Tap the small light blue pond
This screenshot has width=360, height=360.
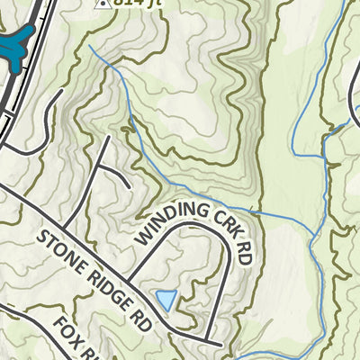pos(166,299)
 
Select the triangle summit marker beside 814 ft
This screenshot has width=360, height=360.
pos(103,3)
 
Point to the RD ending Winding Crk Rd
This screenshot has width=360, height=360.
pos(245,253)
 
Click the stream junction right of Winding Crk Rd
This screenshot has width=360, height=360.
pos(312,236)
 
